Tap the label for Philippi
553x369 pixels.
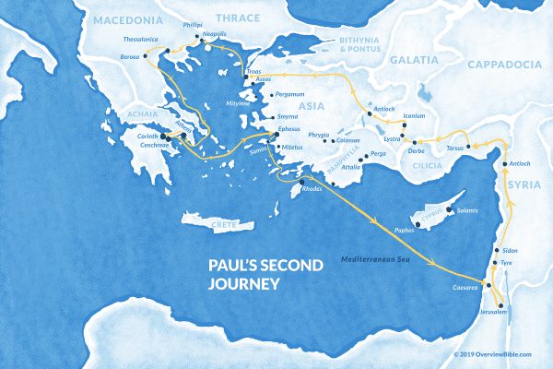pos(192,26)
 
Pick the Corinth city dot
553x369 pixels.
pos(165,136)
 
